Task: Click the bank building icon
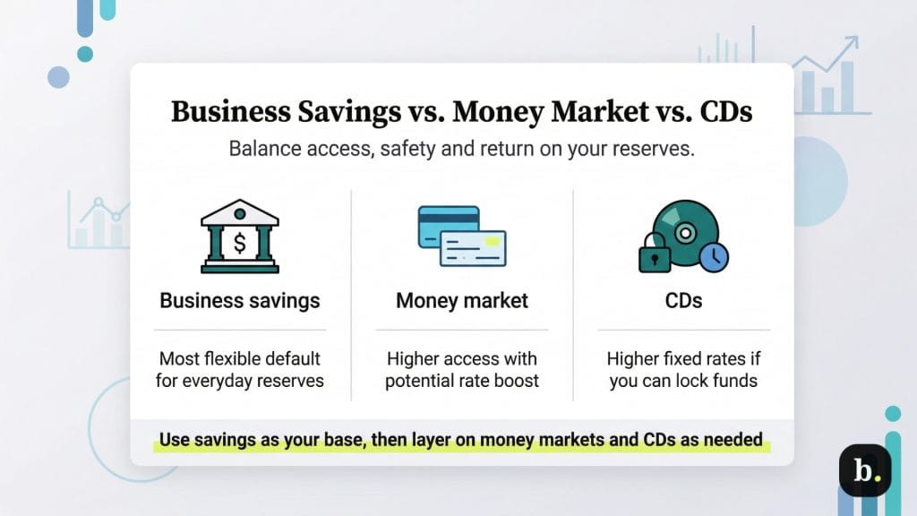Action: [x=239, y=236]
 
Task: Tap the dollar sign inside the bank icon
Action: [x=239, y=242]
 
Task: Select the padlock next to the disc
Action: [x=654, y=254]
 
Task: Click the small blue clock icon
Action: [x=714, y=258]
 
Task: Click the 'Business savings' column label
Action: [x=239, y=300]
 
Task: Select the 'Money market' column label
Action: [x=462, y=300]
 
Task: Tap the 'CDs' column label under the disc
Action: [x=683, y=300]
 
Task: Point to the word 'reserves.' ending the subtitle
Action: [x=657, y=148]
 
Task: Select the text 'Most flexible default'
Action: [x=239, y=359]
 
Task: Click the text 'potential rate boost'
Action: [x=462, y=381]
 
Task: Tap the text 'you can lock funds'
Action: [x=683, y=381]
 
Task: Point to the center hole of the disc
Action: [x=685, y=232]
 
